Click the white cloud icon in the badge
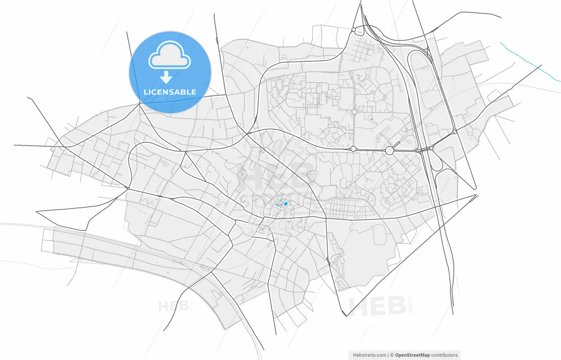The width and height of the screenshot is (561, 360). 170,55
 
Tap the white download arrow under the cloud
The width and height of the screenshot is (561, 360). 166,78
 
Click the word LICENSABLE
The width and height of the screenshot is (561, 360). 170,92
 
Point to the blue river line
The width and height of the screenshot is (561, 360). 530,61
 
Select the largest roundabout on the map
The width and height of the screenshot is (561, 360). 389,151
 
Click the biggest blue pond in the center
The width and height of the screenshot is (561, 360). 286,204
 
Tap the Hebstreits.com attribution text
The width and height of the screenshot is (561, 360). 369,355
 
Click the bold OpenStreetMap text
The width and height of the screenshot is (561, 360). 412,355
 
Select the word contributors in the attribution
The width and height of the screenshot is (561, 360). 444,355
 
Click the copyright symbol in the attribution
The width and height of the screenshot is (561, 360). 392,355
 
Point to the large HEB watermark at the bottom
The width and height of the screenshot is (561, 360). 377,306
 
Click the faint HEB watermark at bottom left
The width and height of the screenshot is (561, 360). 175,306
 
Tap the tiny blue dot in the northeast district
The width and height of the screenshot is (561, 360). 372,119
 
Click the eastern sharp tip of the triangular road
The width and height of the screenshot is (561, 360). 477,195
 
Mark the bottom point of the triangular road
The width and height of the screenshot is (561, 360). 346,315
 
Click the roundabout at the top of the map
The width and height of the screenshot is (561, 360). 353,30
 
